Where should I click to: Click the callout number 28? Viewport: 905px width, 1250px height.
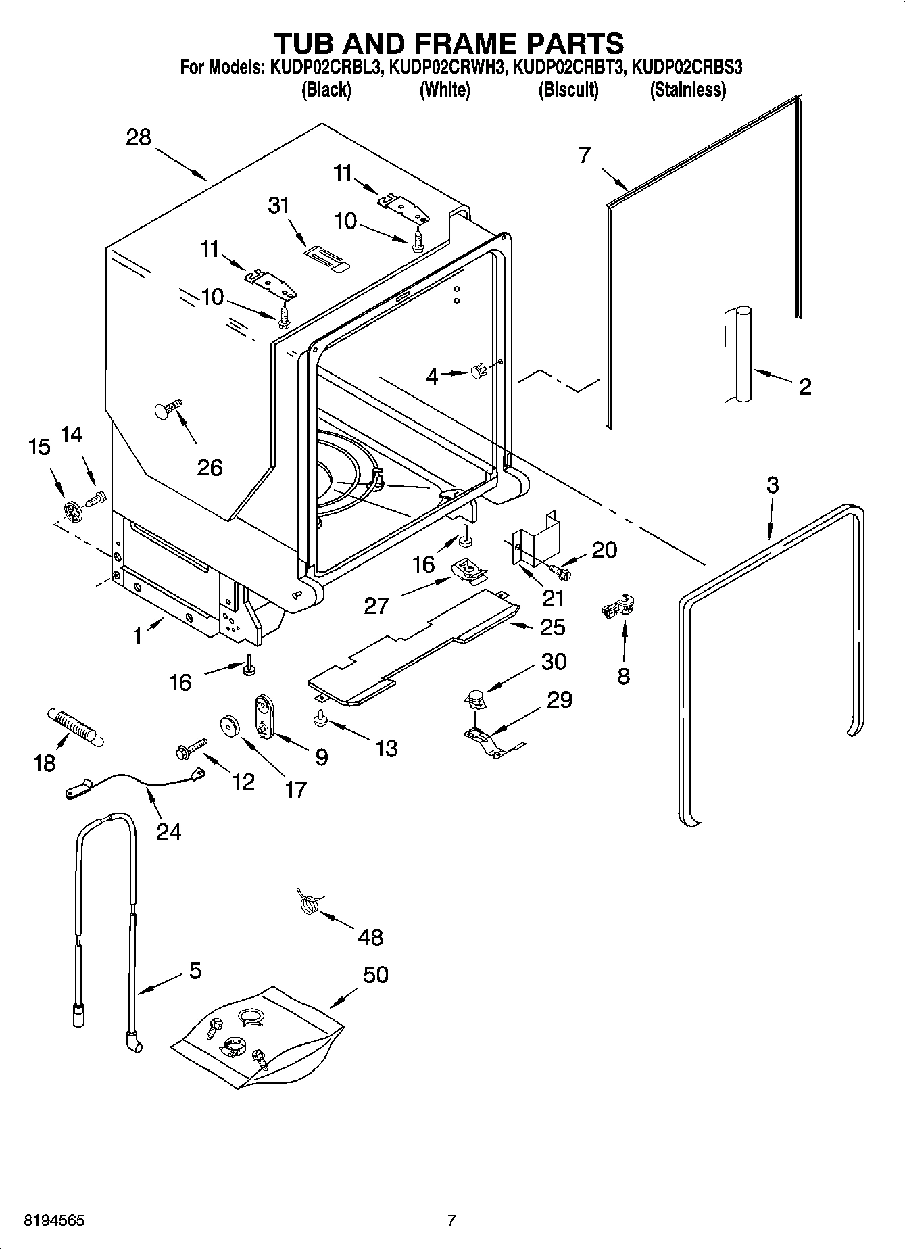coord(139,138)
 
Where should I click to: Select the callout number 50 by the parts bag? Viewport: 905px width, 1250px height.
coord(376,975)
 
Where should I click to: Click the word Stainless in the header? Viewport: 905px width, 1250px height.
coord(687,90)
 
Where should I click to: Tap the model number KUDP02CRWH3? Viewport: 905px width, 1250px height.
coord(447,68)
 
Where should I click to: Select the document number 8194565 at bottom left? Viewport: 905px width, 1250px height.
coord(54,1221)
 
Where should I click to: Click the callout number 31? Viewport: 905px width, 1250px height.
coord(279,205)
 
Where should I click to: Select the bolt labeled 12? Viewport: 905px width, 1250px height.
coord(190,750)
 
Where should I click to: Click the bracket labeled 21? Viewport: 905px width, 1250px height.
coord(537,535)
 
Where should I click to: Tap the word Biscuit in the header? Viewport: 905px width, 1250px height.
coord(568,90)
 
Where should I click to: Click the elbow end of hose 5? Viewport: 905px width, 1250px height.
coord(132,1042)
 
